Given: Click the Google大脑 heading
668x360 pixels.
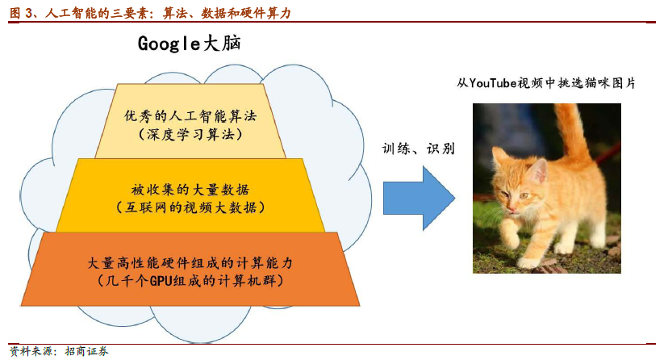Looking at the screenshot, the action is [189, 44].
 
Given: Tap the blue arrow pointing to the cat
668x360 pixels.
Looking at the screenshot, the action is [420, 198].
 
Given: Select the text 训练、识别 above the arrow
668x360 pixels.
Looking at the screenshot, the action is [419, 149].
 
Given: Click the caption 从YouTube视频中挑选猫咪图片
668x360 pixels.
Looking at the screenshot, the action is [546, 82].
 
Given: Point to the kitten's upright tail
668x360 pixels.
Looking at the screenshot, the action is [571, 132].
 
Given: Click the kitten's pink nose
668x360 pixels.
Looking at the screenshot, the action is [511, 209].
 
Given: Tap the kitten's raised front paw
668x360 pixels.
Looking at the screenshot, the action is [510, 239].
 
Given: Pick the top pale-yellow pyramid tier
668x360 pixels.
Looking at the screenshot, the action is [190, 121].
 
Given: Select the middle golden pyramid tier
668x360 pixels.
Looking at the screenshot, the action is [190, 195].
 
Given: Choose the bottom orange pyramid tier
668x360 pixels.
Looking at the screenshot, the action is [190, 270].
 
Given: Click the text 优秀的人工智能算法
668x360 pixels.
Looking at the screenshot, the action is [190, 116].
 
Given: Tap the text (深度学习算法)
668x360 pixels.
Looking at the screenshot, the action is [190, 135].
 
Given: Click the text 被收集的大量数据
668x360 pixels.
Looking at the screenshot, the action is [190, 189].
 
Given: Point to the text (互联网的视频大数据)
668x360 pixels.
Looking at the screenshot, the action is [190, 207].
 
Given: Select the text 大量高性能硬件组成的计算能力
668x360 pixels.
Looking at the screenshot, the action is [190, 263].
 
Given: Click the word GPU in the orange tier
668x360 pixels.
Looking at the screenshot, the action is [161, 281].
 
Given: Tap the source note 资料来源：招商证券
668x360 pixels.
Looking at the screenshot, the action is [59, 351].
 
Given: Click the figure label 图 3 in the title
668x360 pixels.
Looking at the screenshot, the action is [21, 13].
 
